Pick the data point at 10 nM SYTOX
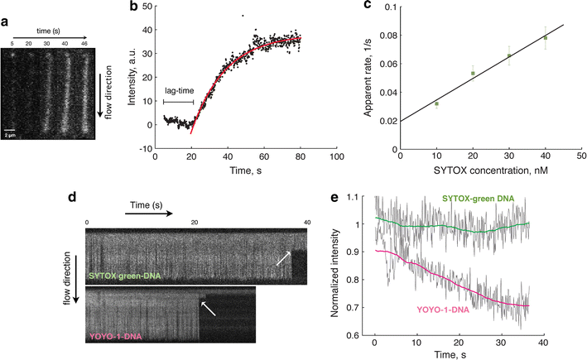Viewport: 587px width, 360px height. (436, 104)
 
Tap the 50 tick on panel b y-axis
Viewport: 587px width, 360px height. (147, 6)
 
